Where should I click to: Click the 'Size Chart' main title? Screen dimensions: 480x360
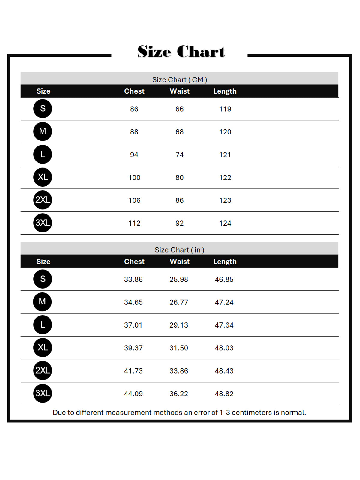click(181, 52)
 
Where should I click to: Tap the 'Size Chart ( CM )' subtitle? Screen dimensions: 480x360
click(179, 80)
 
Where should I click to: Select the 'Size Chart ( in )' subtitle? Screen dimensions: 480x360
click(179, 250)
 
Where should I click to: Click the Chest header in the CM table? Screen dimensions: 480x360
click(134, 91)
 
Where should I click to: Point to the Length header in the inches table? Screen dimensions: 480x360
click(225, 262)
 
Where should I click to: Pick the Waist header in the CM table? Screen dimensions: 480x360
click(179, 91)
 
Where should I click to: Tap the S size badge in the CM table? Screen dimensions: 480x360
click(43, 109)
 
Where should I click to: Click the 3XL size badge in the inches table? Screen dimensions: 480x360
click(43, 393)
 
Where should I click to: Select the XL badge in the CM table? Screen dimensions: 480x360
click(43, 177)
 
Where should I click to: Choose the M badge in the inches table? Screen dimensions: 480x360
click(42, 302)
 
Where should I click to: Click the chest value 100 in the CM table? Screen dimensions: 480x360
click(134, 178)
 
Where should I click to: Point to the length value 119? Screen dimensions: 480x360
click(225, 109)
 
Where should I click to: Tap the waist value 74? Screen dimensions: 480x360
click(179, 155)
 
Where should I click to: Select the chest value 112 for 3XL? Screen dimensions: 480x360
click(134, 223)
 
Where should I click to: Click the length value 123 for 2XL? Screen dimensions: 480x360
click(225, 200)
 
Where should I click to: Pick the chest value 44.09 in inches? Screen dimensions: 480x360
click(133, 394)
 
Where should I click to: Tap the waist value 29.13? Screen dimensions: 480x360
click(178, 325)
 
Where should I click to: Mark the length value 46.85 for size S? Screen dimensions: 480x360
click(224, 279)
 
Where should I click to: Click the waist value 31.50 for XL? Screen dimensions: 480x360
click(178, 348)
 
